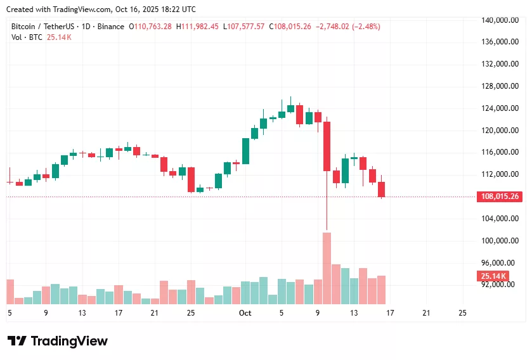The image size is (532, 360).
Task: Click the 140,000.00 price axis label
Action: [501, 20]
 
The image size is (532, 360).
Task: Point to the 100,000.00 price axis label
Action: [501, 241]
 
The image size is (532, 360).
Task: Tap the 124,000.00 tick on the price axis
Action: [501, 108]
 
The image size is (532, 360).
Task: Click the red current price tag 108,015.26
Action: [500, 196]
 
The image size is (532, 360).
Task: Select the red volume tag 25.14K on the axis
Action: [493, 276]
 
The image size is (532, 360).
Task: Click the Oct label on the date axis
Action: [245, 313]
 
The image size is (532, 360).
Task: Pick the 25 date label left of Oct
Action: [191, 313]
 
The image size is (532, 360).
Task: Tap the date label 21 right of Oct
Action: [426, 313]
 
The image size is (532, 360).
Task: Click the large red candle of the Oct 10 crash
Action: [327, 146]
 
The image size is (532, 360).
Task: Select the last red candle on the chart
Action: [382, 190]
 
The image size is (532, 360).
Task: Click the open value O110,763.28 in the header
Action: [150, 27]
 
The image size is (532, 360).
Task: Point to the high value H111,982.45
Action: [197, 27]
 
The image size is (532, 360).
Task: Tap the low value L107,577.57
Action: [243, 27]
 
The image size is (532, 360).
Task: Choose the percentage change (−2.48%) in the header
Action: [361, 27]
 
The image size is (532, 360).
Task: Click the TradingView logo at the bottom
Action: [58, 341]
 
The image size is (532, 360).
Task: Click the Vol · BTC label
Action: [27, 37]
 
